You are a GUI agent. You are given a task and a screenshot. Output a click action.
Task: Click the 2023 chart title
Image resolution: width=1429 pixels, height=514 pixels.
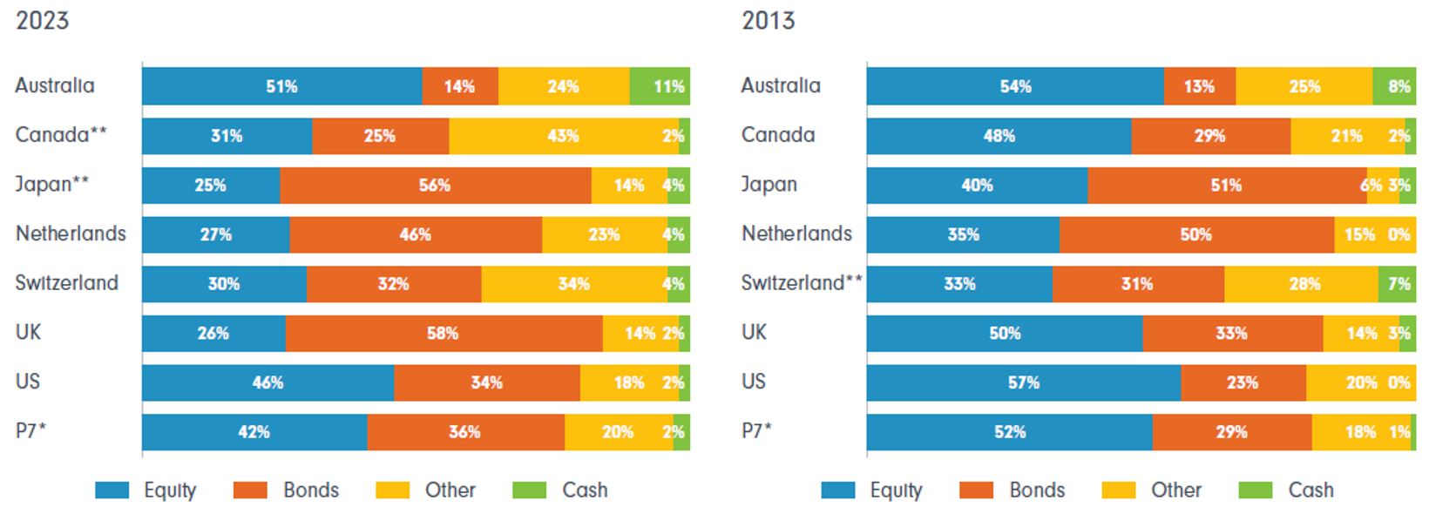(42, 20)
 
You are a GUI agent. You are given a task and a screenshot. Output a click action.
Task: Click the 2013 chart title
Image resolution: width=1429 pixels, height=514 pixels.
(768, 20)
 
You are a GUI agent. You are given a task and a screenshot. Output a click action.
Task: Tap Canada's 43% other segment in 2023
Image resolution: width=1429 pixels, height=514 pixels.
(563, 136)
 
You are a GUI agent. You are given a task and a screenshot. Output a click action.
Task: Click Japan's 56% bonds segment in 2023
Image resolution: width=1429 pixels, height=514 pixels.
(435, 186)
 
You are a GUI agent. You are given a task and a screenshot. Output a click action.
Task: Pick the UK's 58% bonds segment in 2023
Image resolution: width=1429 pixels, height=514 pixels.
(443, 334)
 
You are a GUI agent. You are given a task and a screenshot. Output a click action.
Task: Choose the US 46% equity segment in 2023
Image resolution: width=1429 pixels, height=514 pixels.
(268, 382)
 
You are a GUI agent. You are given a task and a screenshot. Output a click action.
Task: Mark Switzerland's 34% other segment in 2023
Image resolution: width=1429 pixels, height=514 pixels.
(573, 284)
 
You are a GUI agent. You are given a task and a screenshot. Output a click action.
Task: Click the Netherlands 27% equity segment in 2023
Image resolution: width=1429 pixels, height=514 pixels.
(215, 234)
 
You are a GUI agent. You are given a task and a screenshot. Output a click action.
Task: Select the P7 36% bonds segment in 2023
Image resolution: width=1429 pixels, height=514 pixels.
(464, 432)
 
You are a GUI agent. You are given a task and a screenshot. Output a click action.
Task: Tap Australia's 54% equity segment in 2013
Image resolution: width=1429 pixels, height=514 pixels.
(1015, 86)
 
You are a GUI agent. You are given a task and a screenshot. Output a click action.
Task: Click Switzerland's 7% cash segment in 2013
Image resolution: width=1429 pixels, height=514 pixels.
(1397, 284)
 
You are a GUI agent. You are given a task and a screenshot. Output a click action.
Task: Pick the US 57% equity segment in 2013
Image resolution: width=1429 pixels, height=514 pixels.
(1023, 382)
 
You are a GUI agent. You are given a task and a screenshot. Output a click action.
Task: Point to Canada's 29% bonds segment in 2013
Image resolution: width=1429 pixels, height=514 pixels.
(1209, 136)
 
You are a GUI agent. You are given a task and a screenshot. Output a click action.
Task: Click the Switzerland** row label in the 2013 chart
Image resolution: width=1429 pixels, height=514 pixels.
(801, 283)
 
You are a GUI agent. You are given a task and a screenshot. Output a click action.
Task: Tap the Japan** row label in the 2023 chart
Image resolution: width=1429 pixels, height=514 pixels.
(51, 185)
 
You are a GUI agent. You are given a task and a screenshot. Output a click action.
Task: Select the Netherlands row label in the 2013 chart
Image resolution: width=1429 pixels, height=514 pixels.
(796, 233)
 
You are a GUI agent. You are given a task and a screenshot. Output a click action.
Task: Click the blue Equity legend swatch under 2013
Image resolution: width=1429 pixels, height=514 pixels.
(837, 490)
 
